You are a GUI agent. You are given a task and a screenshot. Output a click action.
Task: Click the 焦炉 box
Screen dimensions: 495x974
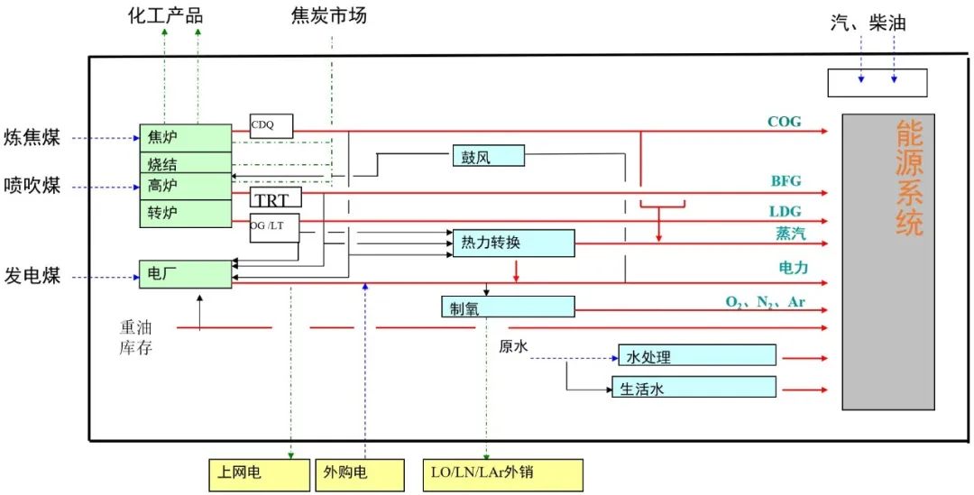185,138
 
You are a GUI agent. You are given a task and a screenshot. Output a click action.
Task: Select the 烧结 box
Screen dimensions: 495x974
185,163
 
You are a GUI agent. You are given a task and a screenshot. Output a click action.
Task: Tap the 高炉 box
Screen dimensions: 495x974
185,187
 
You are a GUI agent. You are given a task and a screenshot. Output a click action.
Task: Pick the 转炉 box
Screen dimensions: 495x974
185,214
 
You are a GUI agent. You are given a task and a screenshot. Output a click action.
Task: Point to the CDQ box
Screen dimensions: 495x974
271,126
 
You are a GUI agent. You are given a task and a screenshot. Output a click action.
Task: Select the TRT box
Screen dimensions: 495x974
275,198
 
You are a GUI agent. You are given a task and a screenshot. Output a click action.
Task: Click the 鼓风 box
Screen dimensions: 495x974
488,156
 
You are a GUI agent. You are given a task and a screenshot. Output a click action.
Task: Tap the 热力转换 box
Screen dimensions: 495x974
513,243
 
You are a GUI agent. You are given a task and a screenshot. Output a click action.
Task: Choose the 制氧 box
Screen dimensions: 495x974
508,307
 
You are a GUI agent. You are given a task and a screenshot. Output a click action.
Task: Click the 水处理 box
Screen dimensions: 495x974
697,355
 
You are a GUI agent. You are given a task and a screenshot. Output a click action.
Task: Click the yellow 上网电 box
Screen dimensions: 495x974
259,473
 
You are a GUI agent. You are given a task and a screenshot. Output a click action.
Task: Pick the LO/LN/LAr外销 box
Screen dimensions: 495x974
502,473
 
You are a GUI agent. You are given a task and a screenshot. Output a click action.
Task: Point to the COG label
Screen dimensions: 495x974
783,122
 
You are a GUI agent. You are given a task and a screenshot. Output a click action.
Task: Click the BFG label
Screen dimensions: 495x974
785,181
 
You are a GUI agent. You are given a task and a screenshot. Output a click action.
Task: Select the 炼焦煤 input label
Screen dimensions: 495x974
32,138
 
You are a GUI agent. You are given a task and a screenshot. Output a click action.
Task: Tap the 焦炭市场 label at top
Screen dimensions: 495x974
329,16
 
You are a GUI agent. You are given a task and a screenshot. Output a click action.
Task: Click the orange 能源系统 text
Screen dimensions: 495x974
909,178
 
